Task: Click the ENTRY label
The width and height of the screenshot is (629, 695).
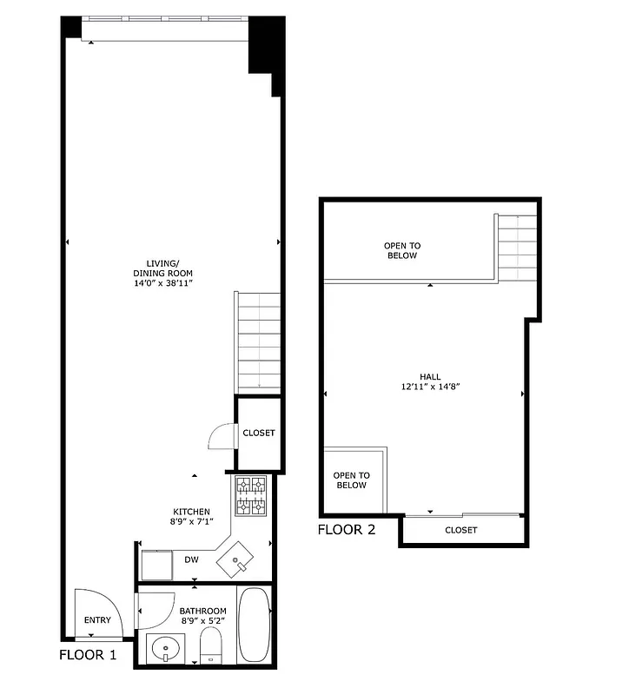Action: pos(97,620)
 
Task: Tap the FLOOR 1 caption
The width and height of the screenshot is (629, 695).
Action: pos(88,656)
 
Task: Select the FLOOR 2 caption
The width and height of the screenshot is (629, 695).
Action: pos(346,529)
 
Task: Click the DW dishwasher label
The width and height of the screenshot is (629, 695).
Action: pos(191,560)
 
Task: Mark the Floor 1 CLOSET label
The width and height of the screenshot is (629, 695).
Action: pos(259,434)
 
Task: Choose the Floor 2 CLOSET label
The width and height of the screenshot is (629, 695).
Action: pos(461,530)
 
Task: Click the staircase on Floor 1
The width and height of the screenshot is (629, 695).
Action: pos(257,342)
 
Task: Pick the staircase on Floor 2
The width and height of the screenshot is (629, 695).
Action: pos(517,247)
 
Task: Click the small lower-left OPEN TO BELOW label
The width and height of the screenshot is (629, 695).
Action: pos(352,480)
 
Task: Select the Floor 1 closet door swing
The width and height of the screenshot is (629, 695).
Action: pos(224,434)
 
